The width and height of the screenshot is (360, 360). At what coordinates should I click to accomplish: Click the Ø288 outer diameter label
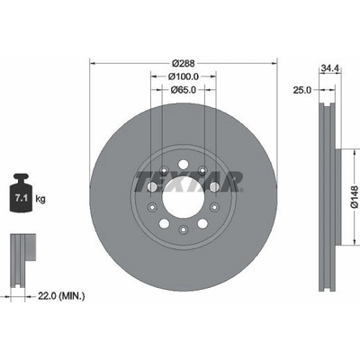[184, 63]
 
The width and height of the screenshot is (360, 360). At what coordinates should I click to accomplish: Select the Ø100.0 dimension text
[184, 76]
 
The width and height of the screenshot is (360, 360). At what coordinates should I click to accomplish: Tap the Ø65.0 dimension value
[184, 89]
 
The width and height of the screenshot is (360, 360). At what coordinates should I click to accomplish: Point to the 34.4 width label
[330, 68]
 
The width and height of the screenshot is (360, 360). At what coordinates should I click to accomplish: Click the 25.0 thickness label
[302, 90]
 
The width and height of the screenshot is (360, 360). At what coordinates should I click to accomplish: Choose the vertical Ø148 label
[354, 197]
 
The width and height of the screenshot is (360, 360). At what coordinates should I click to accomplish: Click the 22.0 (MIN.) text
[61, 297]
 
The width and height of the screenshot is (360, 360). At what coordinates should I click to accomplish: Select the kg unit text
[40, 199]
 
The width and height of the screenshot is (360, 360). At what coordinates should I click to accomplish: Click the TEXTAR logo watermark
[188, 182]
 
